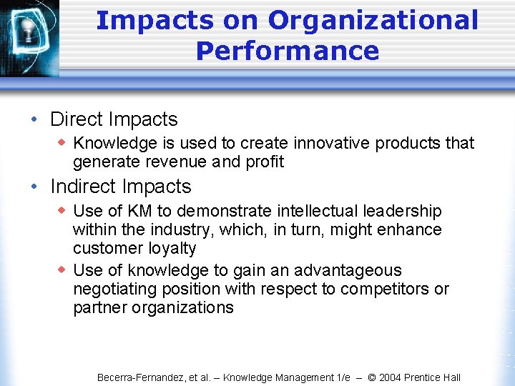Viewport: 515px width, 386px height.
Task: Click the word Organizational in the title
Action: tap(373, 20)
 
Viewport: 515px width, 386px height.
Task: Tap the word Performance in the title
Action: tap(287, 51)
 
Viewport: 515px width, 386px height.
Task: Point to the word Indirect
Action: tap(84, 187)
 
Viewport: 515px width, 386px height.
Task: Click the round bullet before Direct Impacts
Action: tap(34, 120)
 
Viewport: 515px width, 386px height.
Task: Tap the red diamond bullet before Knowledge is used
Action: tap(62, 142)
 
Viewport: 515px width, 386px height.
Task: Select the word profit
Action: tap(265, 162)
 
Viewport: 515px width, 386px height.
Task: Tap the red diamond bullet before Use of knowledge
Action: tap(62, 269)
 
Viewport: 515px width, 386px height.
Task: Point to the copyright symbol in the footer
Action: tap(371, 377)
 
